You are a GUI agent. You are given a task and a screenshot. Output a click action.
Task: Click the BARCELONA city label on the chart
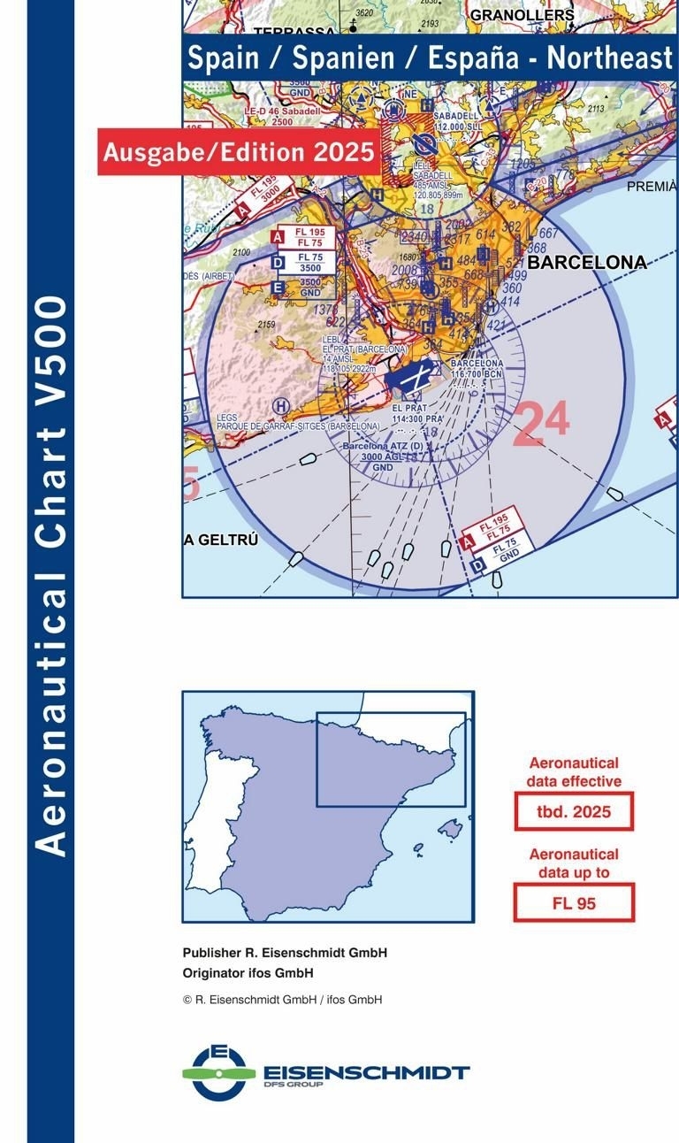[x=587, y=263]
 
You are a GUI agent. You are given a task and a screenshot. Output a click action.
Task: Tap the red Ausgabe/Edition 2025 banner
[x=239, y=151]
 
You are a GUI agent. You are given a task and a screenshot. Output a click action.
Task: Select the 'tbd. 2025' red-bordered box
[x=574, y=811]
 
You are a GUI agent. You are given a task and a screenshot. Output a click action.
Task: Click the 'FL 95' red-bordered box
[x=574, y=902]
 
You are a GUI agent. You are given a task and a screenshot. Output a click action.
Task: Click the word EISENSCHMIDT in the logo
[x=366, y=1071]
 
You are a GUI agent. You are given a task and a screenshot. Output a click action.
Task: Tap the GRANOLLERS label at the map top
[x=522, y=15]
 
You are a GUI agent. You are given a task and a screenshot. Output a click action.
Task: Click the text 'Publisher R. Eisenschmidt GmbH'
[x=285, y=953]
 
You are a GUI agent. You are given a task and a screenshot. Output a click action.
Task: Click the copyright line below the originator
[x=282, y=1000]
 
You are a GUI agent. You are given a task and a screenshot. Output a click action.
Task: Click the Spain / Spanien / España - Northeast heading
[x=430, y=58]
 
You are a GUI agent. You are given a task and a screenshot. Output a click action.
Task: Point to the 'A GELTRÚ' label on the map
[x=221, y=541]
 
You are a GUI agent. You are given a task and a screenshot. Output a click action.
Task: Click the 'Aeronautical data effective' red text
[x=574, y=771]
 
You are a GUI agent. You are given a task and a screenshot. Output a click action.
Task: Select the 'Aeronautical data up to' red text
[x=574, y=863]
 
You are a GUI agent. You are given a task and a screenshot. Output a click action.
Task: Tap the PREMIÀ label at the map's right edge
[x=652, y=186]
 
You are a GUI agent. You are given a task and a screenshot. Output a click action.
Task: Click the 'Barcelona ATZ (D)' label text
[x=383, y=448]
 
